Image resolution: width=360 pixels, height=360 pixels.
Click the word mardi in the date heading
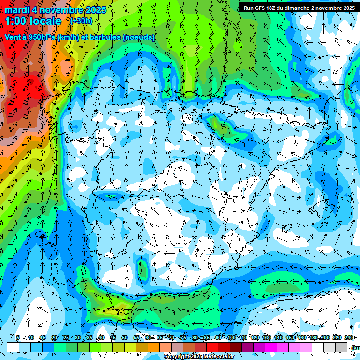[16, 10]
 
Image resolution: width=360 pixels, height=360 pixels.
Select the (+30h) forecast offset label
[81, 21]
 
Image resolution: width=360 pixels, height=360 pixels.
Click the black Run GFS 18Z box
[298, 7]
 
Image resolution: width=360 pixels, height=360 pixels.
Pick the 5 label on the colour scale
[18, 337]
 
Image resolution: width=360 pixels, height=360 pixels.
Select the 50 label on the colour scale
[124, 337]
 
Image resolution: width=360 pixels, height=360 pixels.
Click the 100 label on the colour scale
[231, 337]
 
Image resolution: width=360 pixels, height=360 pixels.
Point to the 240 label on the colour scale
[348, 337]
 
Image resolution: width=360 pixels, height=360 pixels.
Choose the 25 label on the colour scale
[66, 337]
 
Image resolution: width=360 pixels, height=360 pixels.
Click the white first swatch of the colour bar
[13, 347]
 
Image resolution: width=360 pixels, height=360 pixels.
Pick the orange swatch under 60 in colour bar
[154, 347]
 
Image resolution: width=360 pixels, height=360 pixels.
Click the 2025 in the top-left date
[93, 10]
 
